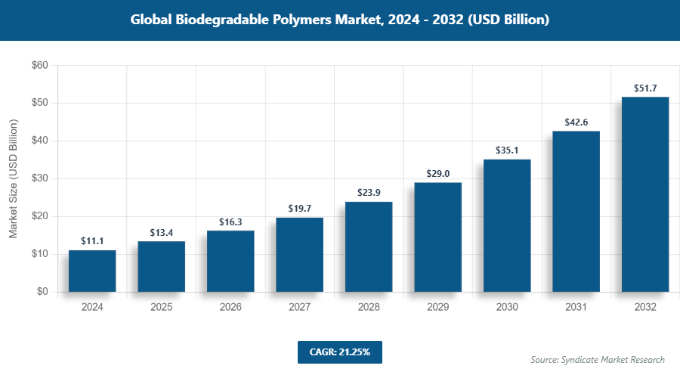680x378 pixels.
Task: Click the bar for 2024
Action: click(92, 271)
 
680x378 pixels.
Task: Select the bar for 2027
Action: click(299, 255)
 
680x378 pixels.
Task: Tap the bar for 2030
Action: click(507, 225)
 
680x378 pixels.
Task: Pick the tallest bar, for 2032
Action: click(645, 194)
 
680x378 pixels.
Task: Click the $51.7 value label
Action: click(645, 88)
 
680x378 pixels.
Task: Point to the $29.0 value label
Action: click(437, 174)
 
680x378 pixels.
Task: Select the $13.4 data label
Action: click(161, 233)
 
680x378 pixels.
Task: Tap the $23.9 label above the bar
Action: click(369, 194)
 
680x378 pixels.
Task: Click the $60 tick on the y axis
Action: click(39, 66)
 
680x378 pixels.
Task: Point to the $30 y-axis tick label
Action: click(39, 179)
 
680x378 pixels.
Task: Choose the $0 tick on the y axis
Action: click(42, 293)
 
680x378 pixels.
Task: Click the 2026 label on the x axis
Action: click(230, 308)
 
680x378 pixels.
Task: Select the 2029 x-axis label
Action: click(437, 308)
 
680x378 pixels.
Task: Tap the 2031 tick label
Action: click(576, 308)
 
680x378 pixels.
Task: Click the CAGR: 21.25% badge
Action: click(339, 352)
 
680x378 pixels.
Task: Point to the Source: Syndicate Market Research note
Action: click(598, 360)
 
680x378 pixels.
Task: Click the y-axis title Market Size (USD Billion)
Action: click(13, 179)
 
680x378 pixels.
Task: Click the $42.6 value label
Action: click(576, 122)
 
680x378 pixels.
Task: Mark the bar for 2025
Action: click(161, 266)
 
